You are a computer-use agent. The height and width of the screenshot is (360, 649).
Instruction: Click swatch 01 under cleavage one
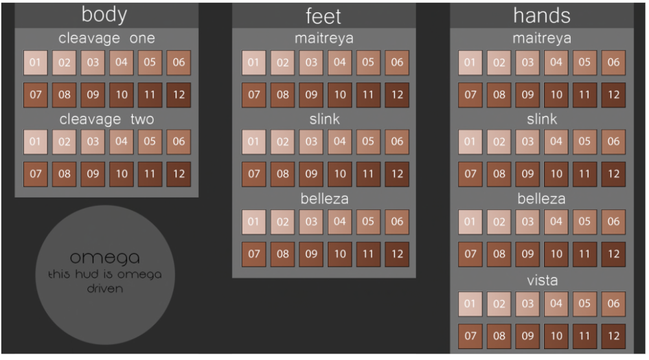[36, 63]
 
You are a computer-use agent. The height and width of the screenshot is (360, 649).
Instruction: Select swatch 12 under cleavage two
[179, 174]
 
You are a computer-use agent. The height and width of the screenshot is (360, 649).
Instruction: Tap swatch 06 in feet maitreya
[397, 63]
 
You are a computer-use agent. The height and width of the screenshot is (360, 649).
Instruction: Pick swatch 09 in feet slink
[312, 174]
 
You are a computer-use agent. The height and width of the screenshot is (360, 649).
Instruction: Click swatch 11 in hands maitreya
[585, 95]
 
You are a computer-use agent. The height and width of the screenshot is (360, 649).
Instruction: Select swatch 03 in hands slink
[528, 142]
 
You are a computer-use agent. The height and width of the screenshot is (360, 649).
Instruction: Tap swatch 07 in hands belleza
[471, 254]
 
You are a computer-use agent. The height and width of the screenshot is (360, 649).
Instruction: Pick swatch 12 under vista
[613, 335]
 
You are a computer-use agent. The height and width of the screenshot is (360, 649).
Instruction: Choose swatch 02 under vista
[499, 304]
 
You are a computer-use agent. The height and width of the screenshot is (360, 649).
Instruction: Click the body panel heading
[104, 14]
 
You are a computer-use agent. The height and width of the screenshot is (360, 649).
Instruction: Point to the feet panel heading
[323, 16]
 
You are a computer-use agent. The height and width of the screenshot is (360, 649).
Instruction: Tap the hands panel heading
[541, 16]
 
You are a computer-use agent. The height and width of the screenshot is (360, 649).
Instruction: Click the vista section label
[541, 281]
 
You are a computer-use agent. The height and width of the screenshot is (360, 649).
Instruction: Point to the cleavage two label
[107, 120]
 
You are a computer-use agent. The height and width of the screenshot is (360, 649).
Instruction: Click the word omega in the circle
[104, 258]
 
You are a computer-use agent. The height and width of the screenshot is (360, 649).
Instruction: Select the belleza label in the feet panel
[324, 199]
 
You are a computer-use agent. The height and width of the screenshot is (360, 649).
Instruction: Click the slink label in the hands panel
[541, 120]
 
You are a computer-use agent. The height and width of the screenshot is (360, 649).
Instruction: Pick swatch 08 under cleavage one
[64, 95]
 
